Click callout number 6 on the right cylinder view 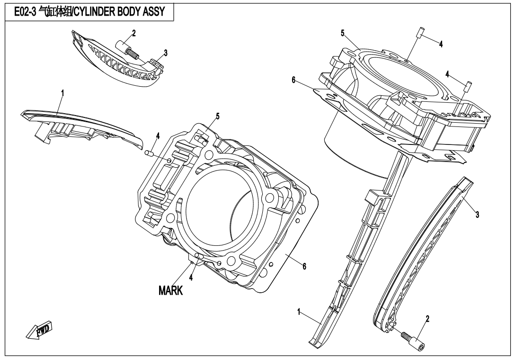click(x=294, y=81)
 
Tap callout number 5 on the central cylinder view click(x=217, y=116)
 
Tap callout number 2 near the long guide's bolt click(x=427, y=319)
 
